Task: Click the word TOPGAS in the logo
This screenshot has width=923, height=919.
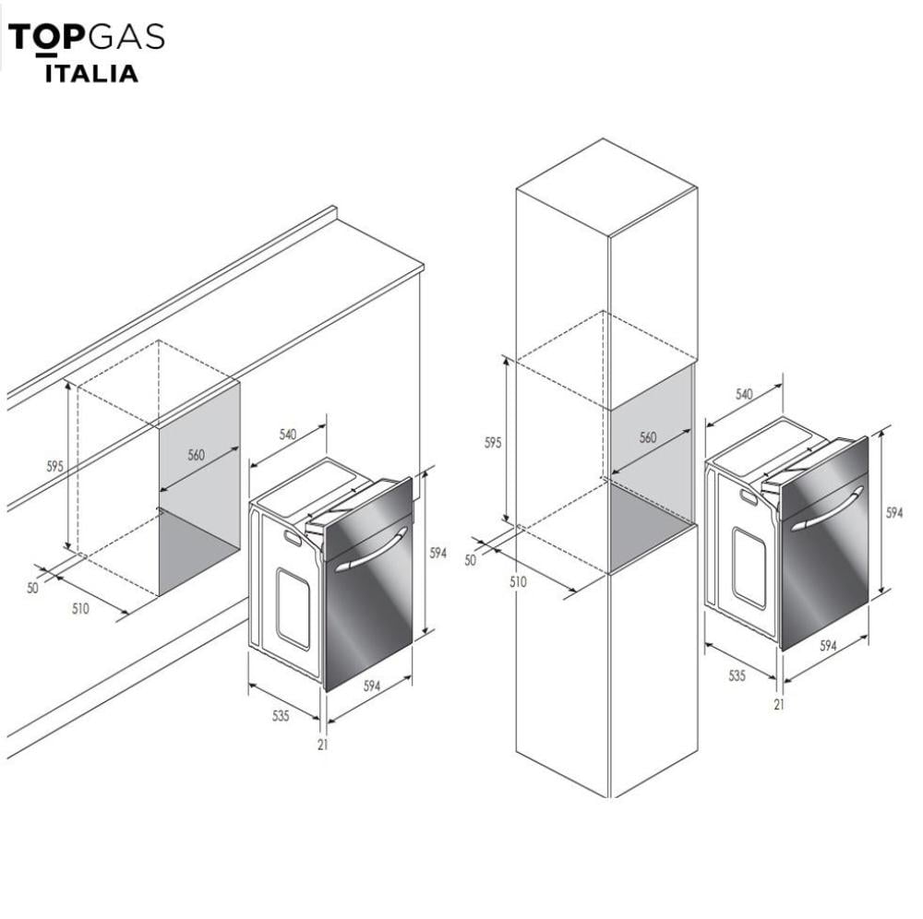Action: [x=87, y=37]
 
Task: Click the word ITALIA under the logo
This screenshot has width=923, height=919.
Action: [x=91, y=74]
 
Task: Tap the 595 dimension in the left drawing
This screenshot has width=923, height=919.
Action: [x=54, y=467]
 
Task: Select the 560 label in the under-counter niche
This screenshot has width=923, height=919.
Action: [x=196, y=455]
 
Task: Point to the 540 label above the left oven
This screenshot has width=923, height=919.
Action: [x=288, y=435]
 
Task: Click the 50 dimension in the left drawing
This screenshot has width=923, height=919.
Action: [x=32, y=587]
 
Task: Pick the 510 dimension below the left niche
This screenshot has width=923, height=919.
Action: [x=80, y=608]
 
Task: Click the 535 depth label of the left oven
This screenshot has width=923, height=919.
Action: [x=281, y=715]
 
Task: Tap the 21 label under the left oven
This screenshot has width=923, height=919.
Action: [x=322, y=745]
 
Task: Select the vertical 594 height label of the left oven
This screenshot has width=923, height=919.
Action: [x=438, y=553]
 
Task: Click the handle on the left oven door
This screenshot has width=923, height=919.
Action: [x=371, y=550]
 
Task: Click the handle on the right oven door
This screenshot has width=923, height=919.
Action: [x=827, y=509]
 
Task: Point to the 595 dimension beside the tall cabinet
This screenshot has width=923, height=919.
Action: [x=493, y=442]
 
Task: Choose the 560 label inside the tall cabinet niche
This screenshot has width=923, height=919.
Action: [x=648, y=437]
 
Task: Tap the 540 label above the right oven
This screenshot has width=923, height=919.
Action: [x=744, y=394]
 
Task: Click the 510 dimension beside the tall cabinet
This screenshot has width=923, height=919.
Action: [x=518, y=582]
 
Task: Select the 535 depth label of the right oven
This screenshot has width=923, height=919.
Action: [x=737, y=675]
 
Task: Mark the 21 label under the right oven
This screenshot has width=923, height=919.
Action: [x=779, y=704]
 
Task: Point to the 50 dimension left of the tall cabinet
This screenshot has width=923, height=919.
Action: [x=471, y=560]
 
